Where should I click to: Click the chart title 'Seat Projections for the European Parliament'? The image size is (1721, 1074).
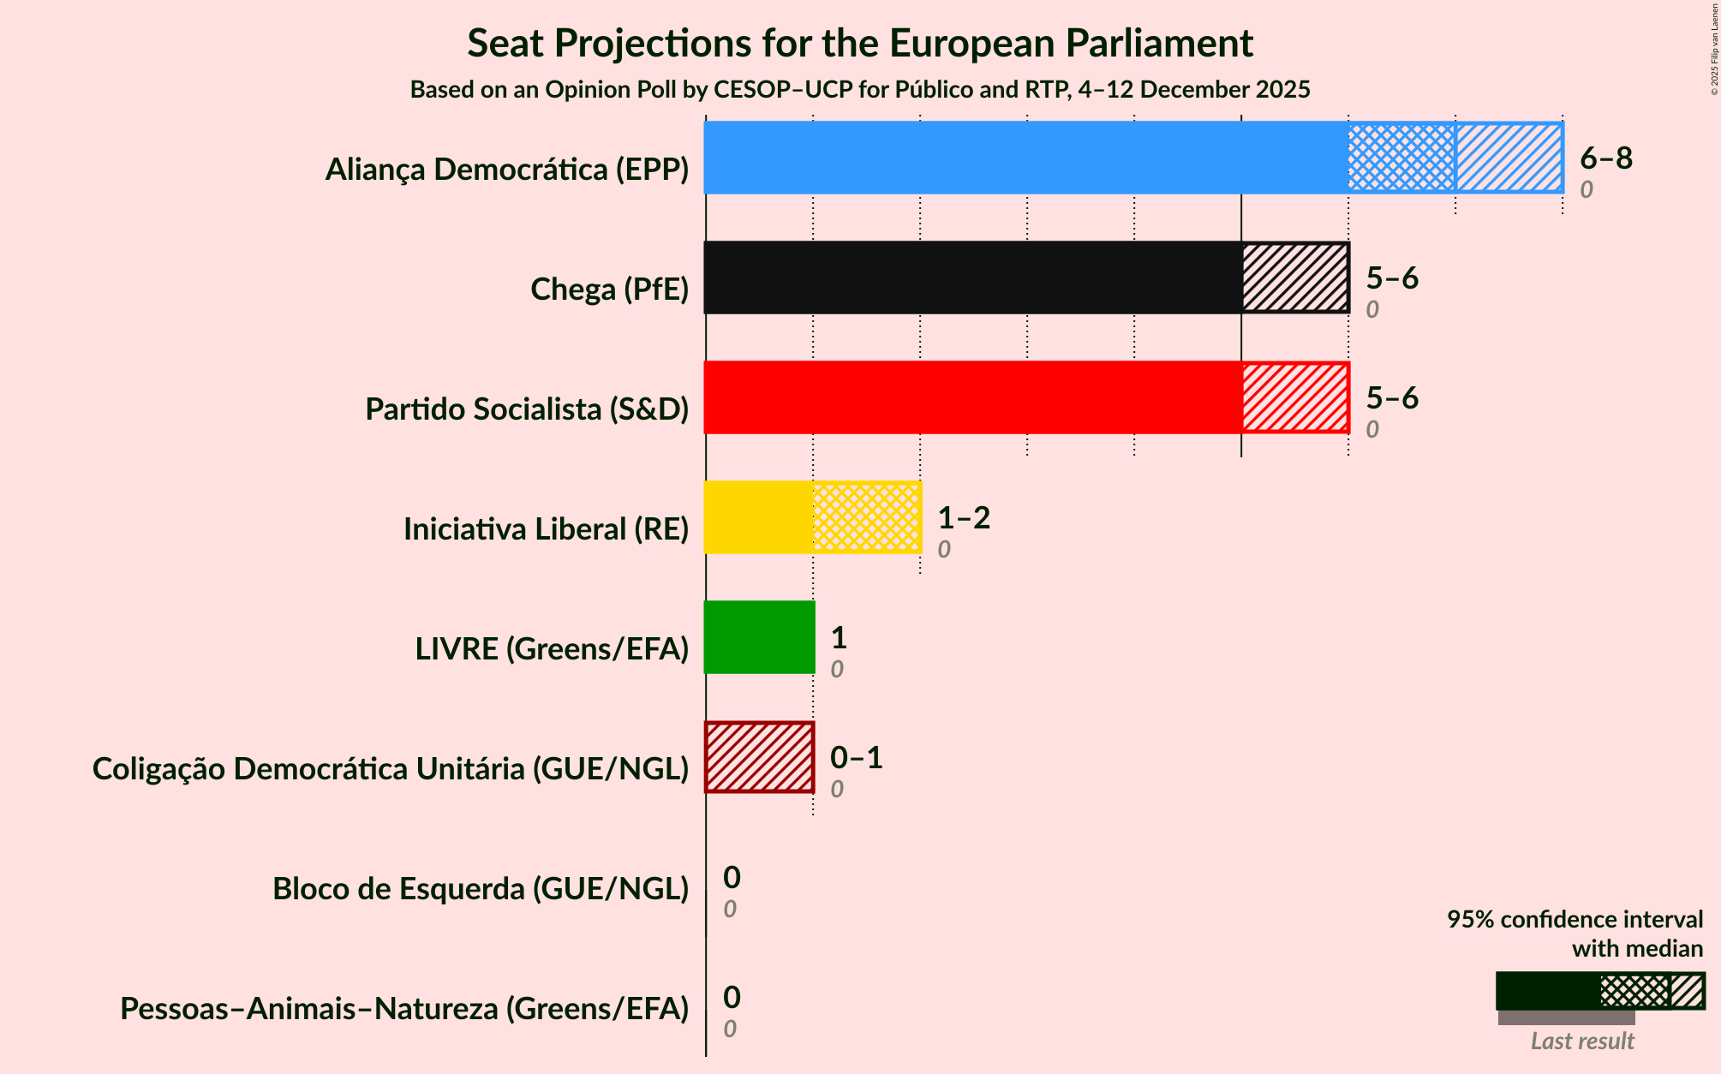[860, 43]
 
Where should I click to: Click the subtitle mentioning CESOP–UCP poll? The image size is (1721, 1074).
[860, 90]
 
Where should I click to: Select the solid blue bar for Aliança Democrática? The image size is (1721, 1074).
[1025, 158]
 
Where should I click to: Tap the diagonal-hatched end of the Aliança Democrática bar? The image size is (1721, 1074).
[1509, 158]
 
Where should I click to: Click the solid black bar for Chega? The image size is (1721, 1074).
[972, 277]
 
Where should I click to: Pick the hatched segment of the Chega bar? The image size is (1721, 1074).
[1295, 277]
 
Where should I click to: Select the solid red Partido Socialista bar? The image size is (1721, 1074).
[972, 397]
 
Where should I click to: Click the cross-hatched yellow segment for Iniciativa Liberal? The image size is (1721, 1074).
[866, 517]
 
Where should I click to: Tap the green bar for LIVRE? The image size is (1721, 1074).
[759, 637]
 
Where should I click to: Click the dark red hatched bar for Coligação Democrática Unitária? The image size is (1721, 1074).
[759, 757]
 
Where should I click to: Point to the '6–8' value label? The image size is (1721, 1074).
[1606, 158]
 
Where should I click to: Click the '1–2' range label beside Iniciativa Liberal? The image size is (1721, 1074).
[964, 518]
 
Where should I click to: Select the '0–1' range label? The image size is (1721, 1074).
[857, 758]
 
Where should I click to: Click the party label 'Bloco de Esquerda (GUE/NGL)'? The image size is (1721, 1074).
[481, 889]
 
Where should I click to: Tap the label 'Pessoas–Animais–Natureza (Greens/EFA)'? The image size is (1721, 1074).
[404, 1009]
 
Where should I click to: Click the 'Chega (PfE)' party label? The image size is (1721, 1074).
[609, 289]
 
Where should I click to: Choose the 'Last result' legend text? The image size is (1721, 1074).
[1582, 1041]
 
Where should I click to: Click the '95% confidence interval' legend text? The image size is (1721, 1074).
[1575, 920]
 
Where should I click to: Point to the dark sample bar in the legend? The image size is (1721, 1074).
[1548, 991]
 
